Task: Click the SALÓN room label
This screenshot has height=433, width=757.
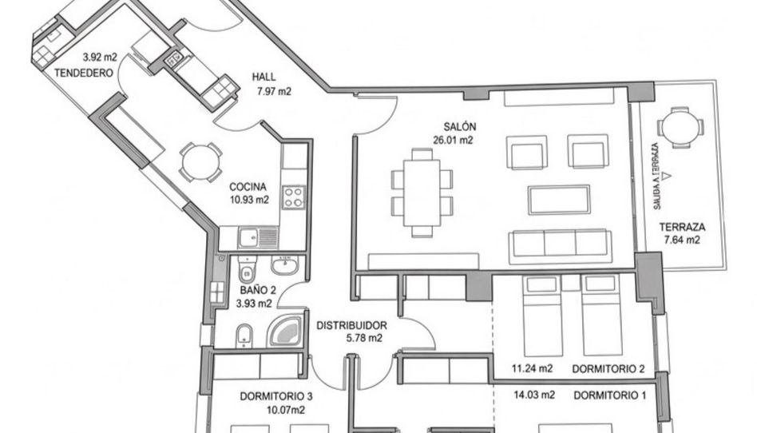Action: (460, 127)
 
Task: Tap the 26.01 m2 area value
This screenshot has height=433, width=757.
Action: (453, 141)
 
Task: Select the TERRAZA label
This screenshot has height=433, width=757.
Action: (682, 227)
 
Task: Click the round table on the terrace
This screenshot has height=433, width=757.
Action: (680, 128)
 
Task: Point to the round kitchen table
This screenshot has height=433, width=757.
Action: (200, 162)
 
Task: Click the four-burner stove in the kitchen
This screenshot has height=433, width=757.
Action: (294, 197)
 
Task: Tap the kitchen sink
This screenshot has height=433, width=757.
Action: (258, 237)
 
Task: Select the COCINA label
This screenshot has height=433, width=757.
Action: (248, 186)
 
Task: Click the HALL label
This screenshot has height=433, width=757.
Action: (264, 77)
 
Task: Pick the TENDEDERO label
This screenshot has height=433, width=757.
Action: (84, 73)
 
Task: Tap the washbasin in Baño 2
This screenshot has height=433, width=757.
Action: (285, 265)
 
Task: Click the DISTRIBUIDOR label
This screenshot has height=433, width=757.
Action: (351, 326)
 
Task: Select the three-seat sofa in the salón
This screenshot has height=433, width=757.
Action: (560, 247)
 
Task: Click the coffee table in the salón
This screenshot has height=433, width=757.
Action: (559, 200)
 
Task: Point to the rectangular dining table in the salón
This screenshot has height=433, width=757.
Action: (422, 193)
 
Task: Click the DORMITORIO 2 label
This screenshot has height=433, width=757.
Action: (608, 369)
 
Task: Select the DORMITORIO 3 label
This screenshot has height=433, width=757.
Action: (276, 397)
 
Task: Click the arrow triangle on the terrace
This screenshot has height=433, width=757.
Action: (667, 176)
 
